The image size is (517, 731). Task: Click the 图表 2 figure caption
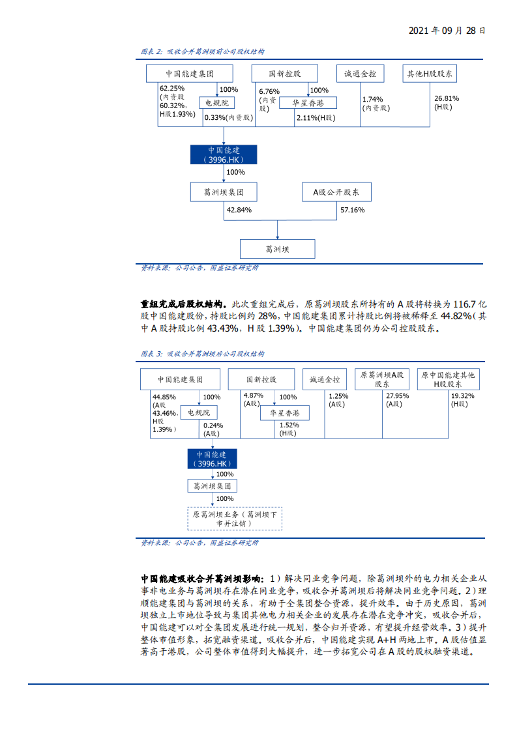202,51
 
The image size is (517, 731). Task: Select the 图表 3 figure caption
202,354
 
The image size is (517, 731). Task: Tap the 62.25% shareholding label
172,88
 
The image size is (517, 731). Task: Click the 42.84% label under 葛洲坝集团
239,210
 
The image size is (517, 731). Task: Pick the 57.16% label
352,210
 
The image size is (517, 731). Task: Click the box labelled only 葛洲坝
278,249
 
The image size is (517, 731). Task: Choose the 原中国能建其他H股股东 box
448,379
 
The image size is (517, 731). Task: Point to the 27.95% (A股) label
397,396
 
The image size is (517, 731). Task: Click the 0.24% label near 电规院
213,425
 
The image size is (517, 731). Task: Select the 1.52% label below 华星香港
289,425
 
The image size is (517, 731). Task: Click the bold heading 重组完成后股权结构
181,304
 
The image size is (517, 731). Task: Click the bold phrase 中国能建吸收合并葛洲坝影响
201,579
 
